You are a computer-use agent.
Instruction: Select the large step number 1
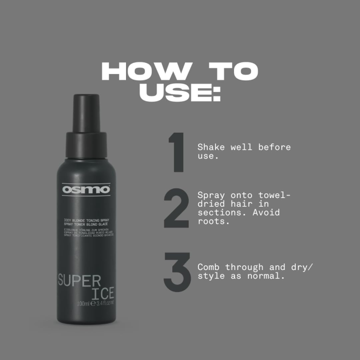176,152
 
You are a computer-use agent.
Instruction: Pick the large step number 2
176,209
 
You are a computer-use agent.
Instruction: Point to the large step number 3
177,272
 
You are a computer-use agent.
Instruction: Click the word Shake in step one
210,148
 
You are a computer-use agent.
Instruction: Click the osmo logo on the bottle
86,189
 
